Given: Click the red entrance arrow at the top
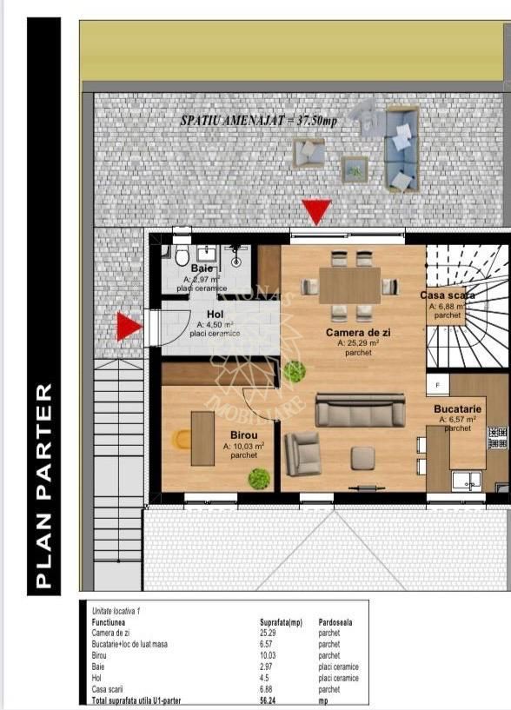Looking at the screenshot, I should (x=316, y=210).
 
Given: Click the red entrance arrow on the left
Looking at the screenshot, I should (x=129, y=327).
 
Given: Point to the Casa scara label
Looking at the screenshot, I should (x=447, y=295).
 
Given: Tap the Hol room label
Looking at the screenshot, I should (x=215, y=315).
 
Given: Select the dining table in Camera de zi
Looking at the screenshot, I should (x=349, y=285).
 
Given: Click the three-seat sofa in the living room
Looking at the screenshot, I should (x=359, y=410).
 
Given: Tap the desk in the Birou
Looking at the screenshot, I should (x=202, y=438).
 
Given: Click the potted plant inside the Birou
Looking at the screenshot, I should (x=258, y=478).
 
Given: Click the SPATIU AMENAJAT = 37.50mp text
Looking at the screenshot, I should (x=258, y=121).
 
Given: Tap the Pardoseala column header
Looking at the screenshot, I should (x=335, y=622).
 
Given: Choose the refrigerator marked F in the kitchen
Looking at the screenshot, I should (x=437, y=384).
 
